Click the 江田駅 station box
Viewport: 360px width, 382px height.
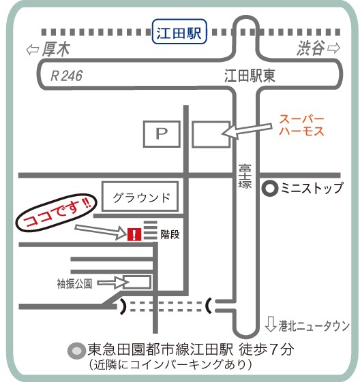179,32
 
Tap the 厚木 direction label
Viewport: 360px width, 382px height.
56,49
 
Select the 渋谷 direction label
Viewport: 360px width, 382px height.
311,48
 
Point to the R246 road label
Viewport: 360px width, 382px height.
66,76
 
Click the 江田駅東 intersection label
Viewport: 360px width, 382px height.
250,76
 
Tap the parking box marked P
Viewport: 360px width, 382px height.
162,134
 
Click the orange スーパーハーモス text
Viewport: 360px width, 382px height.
301,125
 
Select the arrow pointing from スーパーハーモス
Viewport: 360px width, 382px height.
246,131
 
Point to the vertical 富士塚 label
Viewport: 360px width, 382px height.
245,176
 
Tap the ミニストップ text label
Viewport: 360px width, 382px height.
312,188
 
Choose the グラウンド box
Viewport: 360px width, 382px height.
140,196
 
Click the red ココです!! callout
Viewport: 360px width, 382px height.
57,212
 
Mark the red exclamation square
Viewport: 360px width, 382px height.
134,234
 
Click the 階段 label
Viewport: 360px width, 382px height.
170,235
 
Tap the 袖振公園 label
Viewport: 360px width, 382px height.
74,283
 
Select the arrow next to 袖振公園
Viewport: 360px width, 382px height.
113,283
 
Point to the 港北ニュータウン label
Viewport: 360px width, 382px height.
314,325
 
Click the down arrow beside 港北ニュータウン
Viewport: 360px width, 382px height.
271,324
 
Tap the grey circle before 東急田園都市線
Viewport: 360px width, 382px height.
76,351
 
